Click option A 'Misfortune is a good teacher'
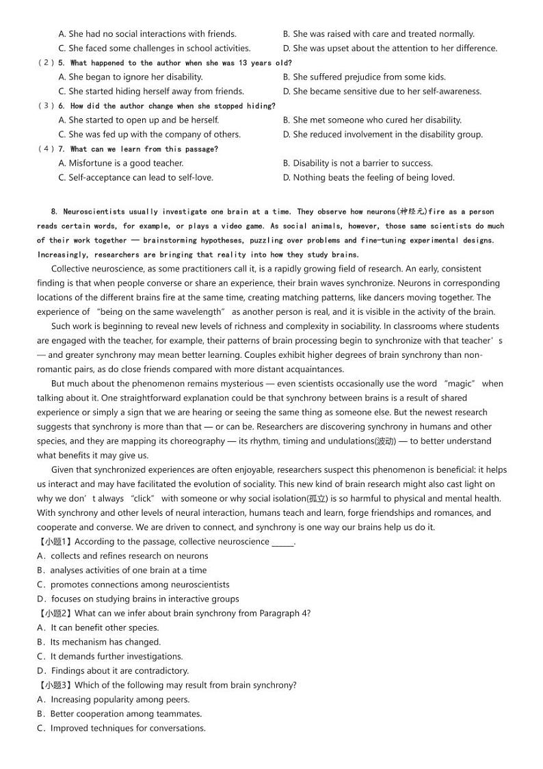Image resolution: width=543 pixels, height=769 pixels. tap(121, 163)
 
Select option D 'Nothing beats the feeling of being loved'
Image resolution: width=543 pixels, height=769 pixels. tap(368, 177)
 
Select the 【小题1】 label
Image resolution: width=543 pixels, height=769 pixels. tap(55, 541)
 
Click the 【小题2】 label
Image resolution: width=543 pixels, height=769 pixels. tap(55, 613)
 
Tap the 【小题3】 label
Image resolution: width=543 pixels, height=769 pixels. tap(55, 685)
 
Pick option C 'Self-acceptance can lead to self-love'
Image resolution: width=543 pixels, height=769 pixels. tap(135, 177)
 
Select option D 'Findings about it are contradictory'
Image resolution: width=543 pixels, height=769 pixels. tap(113, 670)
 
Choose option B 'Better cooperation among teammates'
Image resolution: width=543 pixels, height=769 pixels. tap(120, 714)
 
